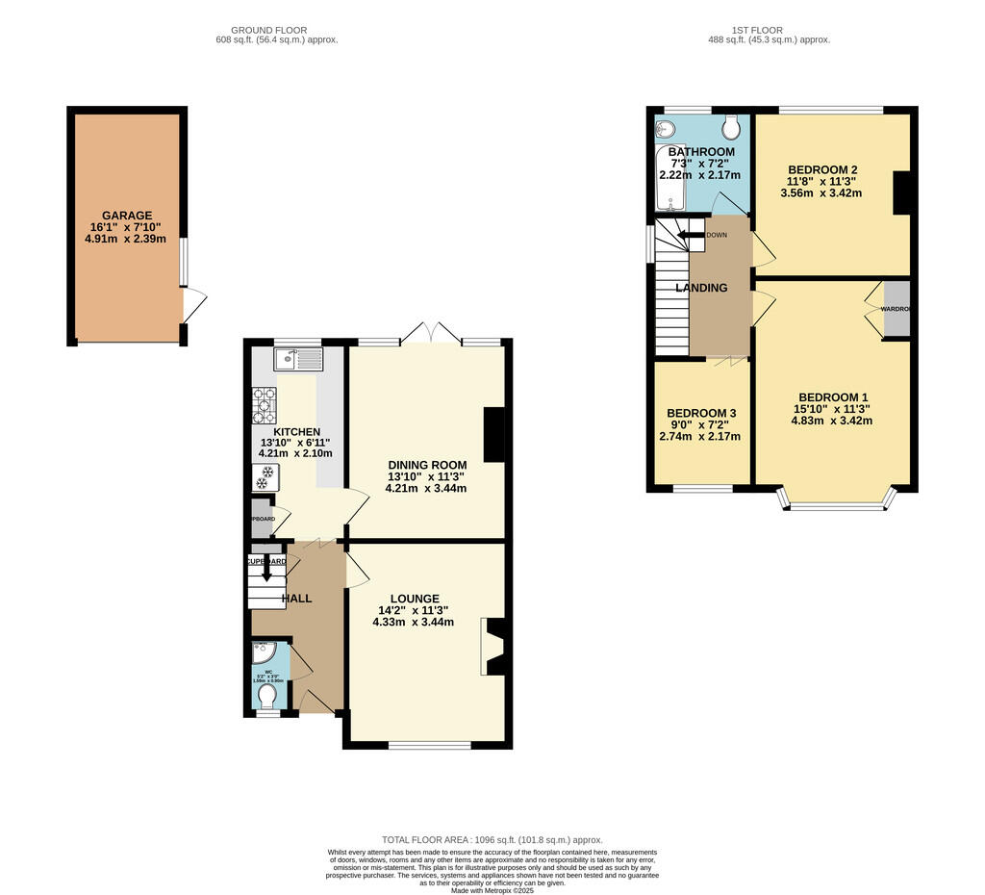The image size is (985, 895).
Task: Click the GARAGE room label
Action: pos(127,216)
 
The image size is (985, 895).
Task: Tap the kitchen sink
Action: pos(298,360)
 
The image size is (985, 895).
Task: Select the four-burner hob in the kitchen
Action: pos(265,405)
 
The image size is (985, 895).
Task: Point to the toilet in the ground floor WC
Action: pos(268,695)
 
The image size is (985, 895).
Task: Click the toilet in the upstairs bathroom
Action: pos(732,127)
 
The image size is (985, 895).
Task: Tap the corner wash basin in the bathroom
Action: pos(666,128)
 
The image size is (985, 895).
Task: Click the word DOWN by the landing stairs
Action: pos(717,235)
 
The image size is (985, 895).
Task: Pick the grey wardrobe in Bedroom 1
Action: pos(897,309)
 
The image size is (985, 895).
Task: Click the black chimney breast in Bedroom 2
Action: pos(902,193)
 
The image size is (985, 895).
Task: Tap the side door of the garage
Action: pos(193,306)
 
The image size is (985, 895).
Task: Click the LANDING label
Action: pos(701,288)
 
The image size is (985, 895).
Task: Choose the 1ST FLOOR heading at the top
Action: pos(769,30)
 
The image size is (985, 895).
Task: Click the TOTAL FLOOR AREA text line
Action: pos(492,839)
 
